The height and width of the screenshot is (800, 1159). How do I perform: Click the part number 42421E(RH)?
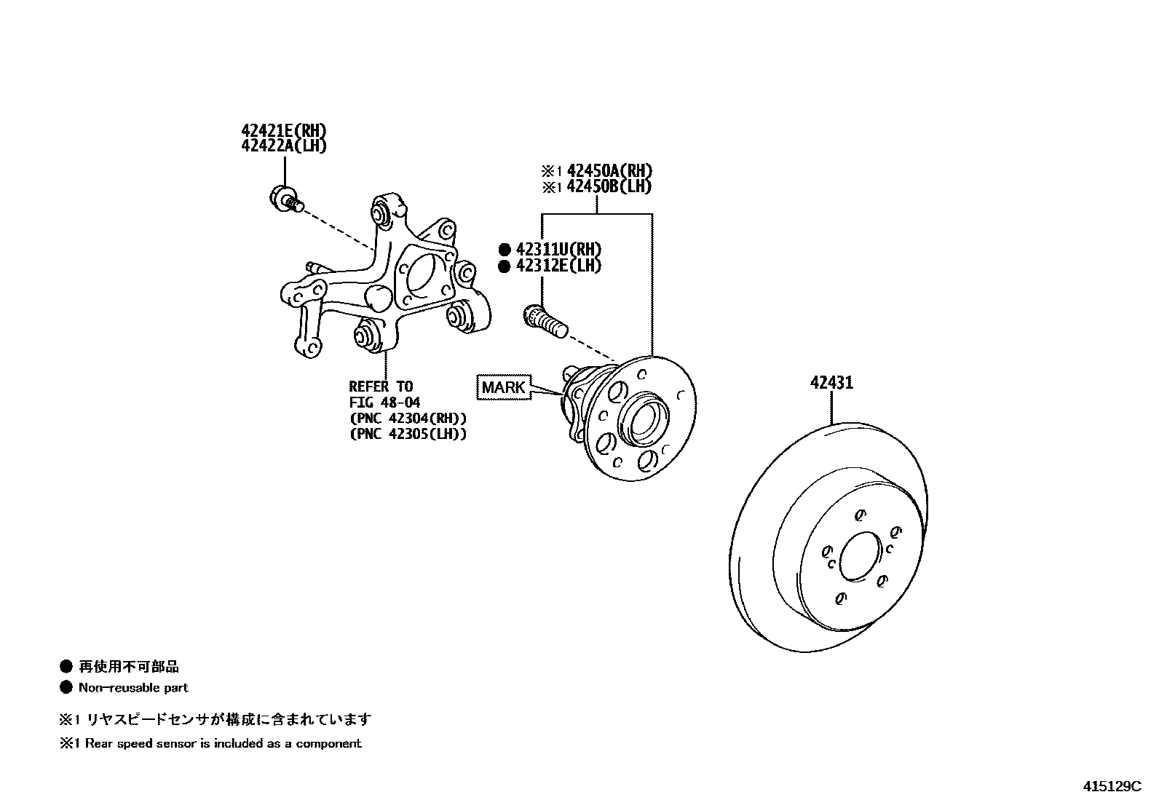point(284,131)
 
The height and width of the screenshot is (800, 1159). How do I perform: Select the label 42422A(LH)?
point(284,146)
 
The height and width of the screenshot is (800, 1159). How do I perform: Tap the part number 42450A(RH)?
point(609,171)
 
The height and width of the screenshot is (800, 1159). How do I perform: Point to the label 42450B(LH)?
point(609,186)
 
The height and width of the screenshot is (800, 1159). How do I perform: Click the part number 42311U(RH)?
point(558,250)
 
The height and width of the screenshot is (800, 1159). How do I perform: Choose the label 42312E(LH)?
point(558,266)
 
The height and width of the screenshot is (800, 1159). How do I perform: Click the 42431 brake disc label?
point(831,382)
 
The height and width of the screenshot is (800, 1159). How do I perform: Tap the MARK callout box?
point(502,387)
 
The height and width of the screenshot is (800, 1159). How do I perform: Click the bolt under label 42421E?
point(285,198)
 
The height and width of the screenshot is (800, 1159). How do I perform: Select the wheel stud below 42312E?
point(544,322)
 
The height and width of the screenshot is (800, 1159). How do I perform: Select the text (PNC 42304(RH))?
point(408,418)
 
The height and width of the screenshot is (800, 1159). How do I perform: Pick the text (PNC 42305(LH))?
point(408,434)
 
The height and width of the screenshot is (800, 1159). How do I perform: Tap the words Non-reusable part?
point(133,687)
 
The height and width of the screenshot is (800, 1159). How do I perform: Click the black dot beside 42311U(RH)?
point(504,250)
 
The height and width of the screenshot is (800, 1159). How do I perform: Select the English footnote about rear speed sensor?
point(211,743)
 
